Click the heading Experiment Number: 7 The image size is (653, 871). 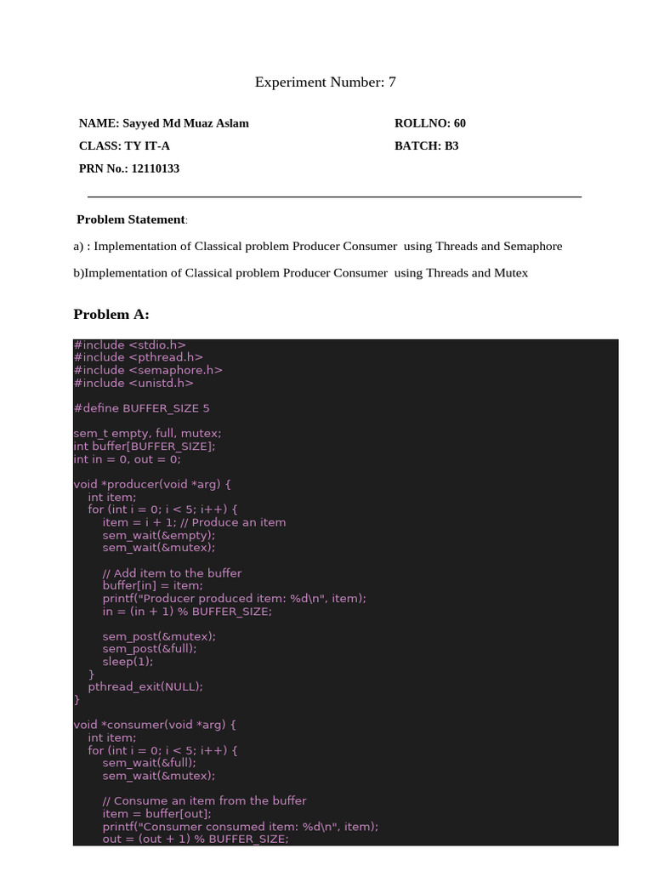tap(326, 83)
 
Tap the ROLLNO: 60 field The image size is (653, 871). tap(430, 123)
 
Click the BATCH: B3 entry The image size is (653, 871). tap(427, 146)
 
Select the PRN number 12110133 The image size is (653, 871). tap(155, 169)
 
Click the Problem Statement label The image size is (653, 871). tap(131, 219)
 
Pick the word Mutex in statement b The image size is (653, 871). tap(513, 273)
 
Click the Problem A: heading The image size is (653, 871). tap(111, 315)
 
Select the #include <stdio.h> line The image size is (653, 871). tap(129, 344)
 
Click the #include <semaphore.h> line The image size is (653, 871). tap(148, 370)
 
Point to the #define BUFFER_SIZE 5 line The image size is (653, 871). tap(141, 408)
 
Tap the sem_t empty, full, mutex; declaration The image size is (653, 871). tap(147, 434)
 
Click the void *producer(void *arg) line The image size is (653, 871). tap(152, 484)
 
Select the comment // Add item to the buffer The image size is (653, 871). tap(172, 573)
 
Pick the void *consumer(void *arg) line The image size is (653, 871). tap(155, 725)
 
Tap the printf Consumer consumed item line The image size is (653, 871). tap(240, 826)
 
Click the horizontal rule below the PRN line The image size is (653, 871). tap(334, 197)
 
